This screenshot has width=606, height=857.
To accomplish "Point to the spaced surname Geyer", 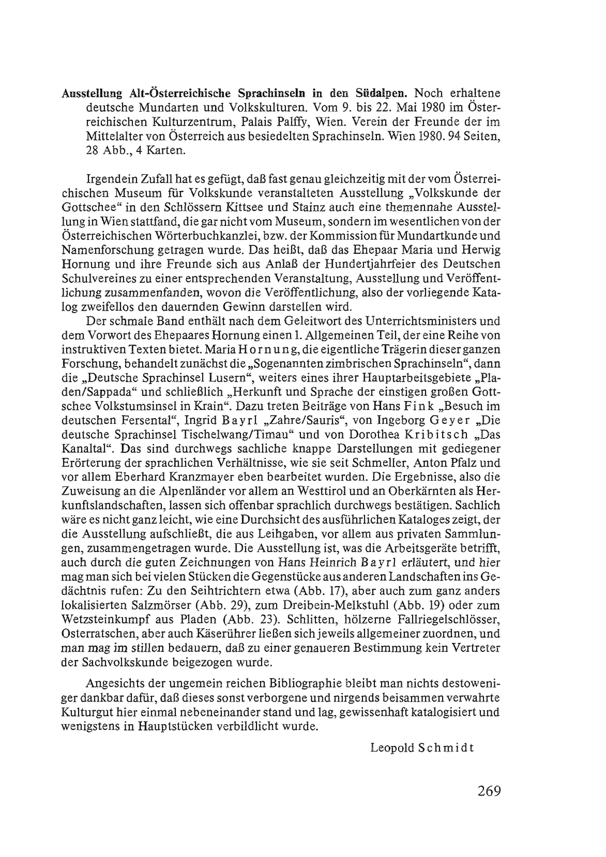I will click(450, 420).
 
